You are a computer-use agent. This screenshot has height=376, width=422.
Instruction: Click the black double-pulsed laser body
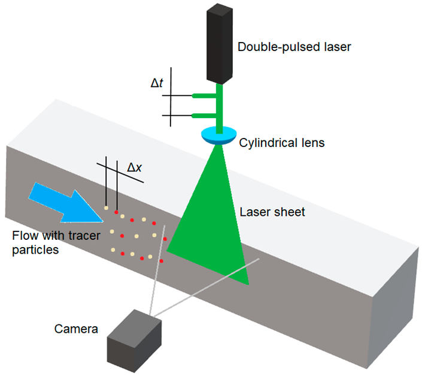pos(223,43)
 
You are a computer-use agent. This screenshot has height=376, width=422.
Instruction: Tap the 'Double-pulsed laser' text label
pos(294,46)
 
